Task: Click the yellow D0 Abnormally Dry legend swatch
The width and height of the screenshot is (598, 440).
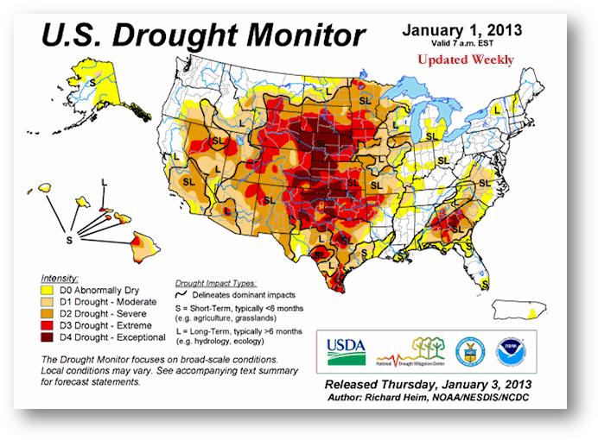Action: coord(48,291)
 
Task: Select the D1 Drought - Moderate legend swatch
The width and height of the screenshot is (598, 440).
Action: coord(48,302)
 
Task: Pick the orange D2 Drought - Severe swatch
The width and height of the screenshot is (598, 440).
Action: coord(48,313)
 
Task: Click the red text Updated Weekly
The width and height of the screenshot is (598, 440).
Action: coord(465,60)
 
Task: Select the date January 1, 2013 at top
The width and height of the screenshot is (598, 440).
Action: coord(462,30)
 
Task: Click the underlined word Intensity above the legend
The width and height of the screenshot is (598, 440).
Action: coord(60,279)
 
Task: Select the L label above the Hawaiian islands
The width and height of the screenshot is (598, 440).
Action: coord(103,182)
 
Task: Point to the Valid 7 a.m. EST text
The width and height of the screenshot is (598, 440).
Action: coord(463,43)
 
